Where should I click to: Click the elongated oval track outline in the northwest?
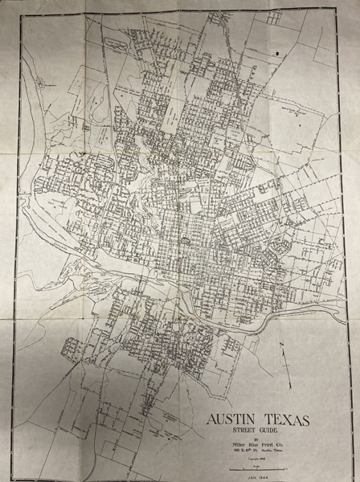coord(38,81)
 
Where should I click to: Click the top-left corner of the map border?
coord(26,18)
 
